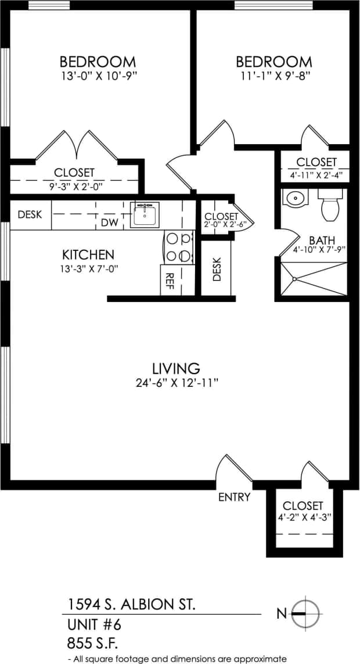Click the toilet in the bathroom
coord(330,209)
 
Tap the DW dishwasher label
coord(110,222)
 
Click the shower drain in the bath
coord(296,279)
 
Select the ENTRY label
coord(235,497)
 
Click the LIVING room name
coord(176,368)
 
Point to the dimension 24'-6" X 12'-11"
coord(176,383)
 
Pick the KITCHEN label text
coord(88,254)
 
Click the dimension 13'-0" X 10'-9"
coord(98,76)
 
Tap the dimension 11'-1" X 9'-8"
coord(273,76)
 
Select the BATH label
coord(322,240)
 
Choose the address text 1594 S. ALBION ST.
coord(129,604)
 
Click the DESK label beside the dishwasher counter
coord(30,214)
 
